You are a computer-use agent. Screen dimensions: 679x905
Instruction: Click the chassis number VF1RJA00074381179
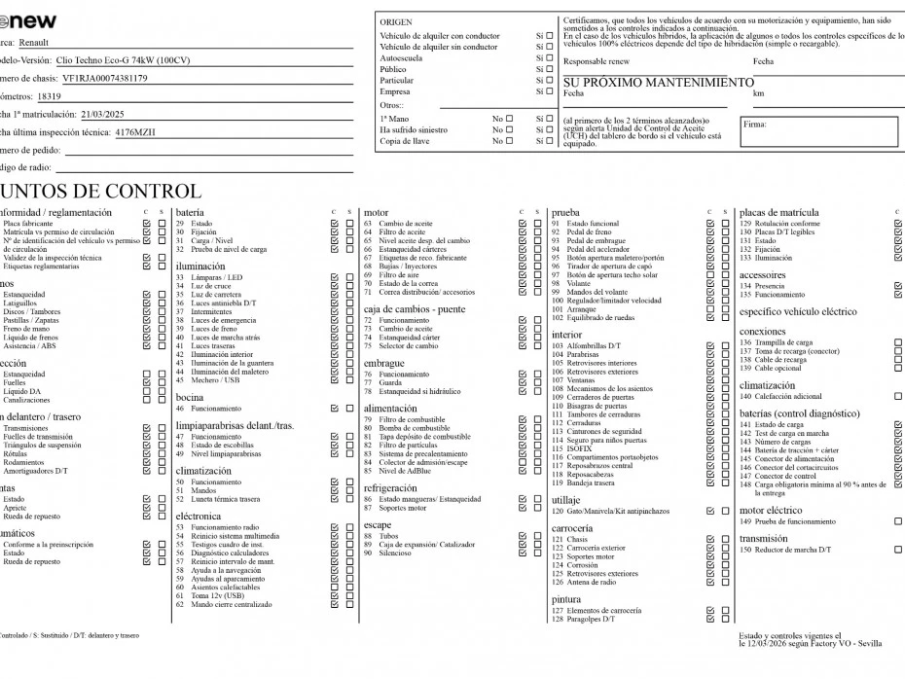104,78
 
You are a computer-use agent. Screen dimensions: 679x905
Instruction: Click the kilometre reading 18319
49,96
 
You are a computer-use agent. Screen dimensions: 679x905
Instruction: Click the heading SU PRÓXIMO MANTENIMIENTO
659,83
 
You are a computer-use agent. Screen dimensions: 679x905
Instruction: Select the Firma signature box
820,131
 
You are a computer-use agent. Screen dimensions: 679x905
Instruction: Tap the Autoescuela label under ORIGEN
401,58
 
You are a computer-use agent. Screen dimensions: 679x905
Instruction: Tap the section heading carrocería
574,528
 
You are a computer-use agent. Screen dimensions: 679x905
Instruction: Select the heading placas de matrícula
779,212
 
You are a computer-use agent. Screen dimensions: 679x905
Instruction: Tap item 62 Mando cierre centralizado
231,604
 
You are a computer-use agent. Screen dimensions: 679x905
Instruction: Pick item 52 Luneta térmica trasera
225,499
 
